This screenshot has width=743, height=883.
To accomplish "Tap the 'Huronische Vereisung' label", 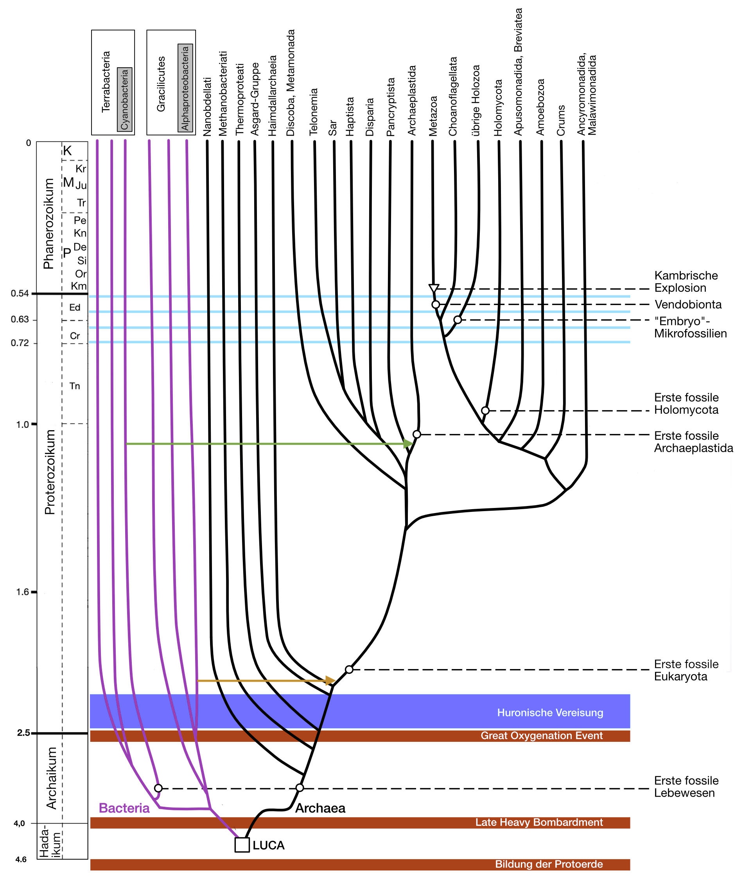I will tap(550, 713).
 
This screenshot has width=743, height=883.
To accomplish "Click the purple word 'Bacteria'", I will tap(124, 808).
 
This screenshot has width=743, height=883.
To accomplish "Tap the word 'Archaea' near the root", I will tap(320, 808).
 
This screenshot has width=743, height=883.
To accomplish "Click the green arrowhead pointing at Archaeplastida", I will tap(408, 443).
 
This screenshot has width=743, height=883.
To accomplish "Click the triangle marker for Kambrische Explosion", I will tap(434, 289).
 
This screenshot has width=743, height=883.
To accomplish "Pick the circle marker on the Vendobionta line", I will tap(436, 304).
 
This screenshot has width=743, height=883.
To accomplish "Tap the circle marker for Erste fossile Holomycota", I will tap(485, 410).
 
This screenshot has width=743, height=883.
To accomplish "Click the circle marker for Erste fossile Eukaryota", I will tap(349, 669).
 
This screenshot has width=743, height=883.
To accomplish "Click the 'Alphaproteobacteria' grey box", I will tap(185, 88).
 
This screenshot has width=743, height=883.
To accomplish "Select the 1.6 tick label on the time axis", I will tap(23, 592).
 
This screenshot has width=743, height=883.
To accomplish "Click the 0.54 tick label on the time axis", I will tap(20, 293).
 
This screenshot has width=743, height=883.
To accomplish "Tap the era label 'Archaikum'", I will tap(51, 779).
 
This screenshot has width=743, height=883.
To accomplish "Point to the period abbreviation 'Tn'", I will tap(75, 386).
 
